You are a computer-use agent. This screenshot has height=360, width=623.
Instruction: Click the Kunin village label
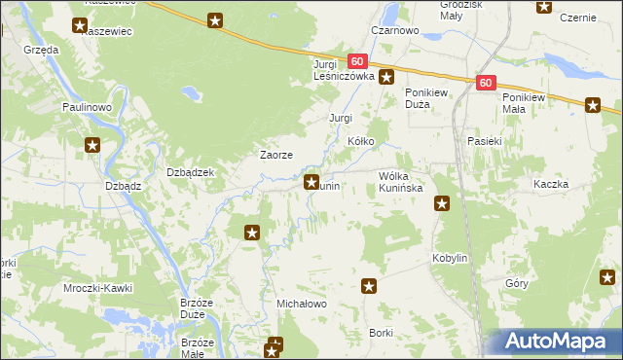[328, 186]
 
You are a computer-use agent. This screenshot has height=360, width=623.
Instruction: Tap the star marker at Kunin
[311, 181]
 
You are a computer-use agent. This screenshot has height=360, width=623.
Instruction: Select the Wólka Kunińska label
[400, 181]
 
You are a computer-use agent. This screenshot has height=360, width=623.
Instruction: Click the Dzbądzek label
[191, 172]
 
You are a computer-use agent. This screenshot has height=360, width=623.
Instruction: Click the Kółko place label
[361, 141]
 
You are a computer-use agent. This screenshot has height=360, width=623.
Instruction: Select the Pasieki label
[484, 141]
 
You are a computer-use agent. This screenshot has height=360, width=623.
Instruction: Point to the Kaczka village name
[550, 184]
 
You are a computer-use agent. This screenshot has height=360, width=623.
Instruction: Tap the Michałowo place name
[302, 305]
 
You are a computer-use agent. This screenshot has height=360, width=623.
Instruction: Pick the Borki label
[381, 333]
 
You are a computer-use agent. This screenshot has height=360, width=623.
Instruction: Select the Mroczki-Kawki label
[97, 289]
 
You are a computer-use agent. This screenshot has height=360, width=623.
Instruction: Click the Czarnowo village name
[394, 31]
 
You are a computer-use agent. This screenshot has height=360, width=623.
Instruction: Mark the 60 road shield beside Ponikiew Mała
[487, 84]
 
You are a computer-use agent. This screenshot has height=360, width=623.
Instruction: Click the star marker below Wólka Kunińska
[442, 203]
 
